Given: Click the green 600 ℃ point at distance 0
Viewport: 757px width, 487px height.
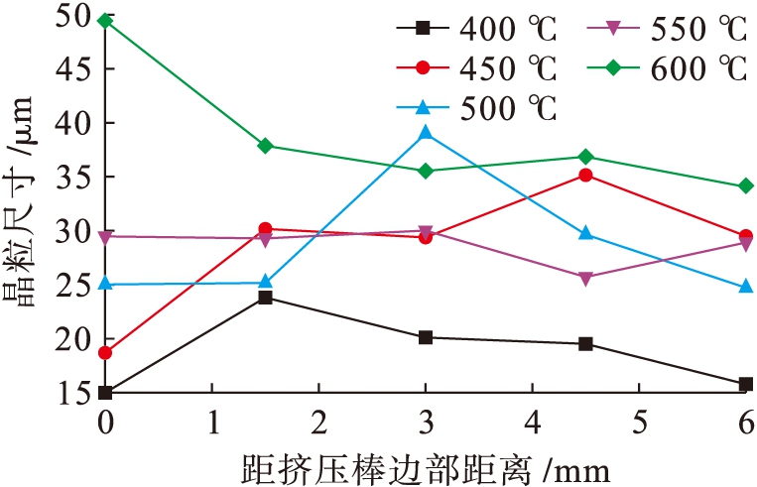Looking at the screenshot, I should pos(105,20).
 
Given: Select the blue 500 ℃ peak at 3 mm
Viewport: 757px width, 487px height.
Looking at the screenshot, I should pos(426,132).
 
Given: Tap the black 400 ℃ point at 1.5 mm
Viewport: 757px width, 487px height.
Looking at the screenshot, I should pos(265,297).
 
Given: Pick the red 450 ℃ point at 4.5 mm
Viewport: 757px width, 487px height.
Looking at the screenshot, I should pos(585,176).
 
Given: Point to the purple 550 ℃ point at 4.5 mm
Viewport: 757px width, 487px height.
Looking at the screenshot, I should pos(585,278).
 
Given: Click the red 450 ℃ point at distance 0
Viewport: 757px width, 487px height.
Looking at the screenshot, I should pos(105,353).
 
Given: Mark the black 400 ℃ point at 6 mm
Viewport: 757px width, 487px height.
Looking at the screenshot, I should pos(746,384).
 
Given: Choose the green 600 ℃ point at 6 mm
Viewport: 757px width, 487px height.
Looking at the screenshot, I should pos(746,185).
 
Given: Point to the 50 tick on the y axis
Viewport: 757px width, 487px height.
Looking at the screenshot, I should pos(75,18).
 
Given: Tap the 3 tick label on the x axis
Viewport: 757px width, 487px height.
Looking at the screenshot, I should pos(426,422).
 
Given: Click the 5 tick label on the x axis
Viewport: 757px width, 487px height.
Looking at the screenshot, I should pos(639,422).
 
